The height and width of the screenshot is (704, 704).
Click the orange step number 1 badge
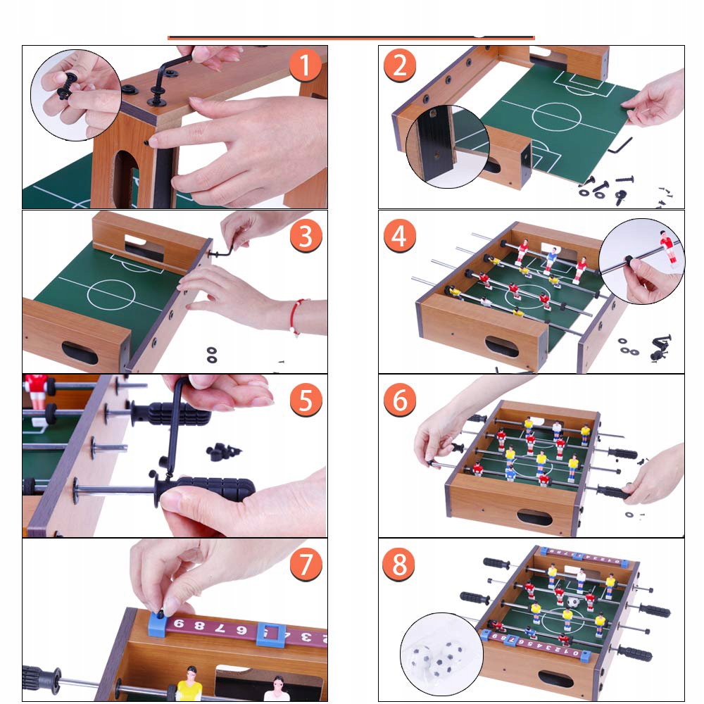coord(306,65)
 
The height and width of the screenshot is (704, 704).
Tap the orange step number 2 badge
coord(400,65)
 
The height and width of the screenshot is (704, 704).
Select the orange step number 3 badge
coord(306,236)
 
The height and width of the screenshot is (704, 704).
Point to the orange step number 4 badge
coord(400,236)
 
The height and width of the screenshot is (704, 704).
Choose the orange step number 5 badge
coord(306,400)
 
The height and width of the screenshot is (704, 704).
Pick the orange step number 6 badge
coord(400,400)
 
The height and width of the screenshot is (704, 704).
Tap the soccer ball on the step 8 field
coord(572,602)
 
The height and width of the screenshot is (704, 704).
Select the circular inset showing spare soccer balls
coord(441,654)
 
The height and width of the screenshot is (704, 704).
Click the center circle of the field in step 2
coord(557,117)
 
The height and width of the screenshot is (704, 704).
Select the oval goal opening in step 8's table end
coord(556,679)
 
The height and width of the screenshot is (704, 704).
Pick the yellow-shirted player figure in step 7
coord(189,684)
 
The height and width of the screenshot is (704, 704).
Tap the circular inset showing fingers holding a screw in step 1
coord(76,95)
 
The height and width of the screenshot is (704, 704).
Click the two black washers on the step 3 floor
coord(211,355)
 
